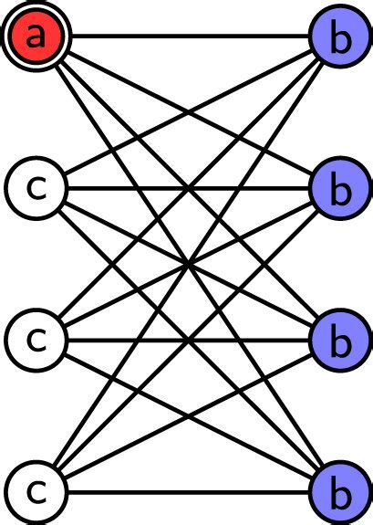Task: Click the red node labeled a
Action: (35, 37)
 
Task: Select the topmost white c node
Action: (35, 188)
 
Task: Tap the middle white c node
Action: (35, 340)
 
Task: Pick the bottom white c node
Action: (35, 492)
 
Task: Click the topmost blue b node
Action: (338, 37)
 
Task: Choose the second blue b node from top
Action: (338, 189)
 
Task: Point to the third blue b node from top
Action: (338, 341)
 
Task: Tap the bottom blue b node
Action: (338, 493)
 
